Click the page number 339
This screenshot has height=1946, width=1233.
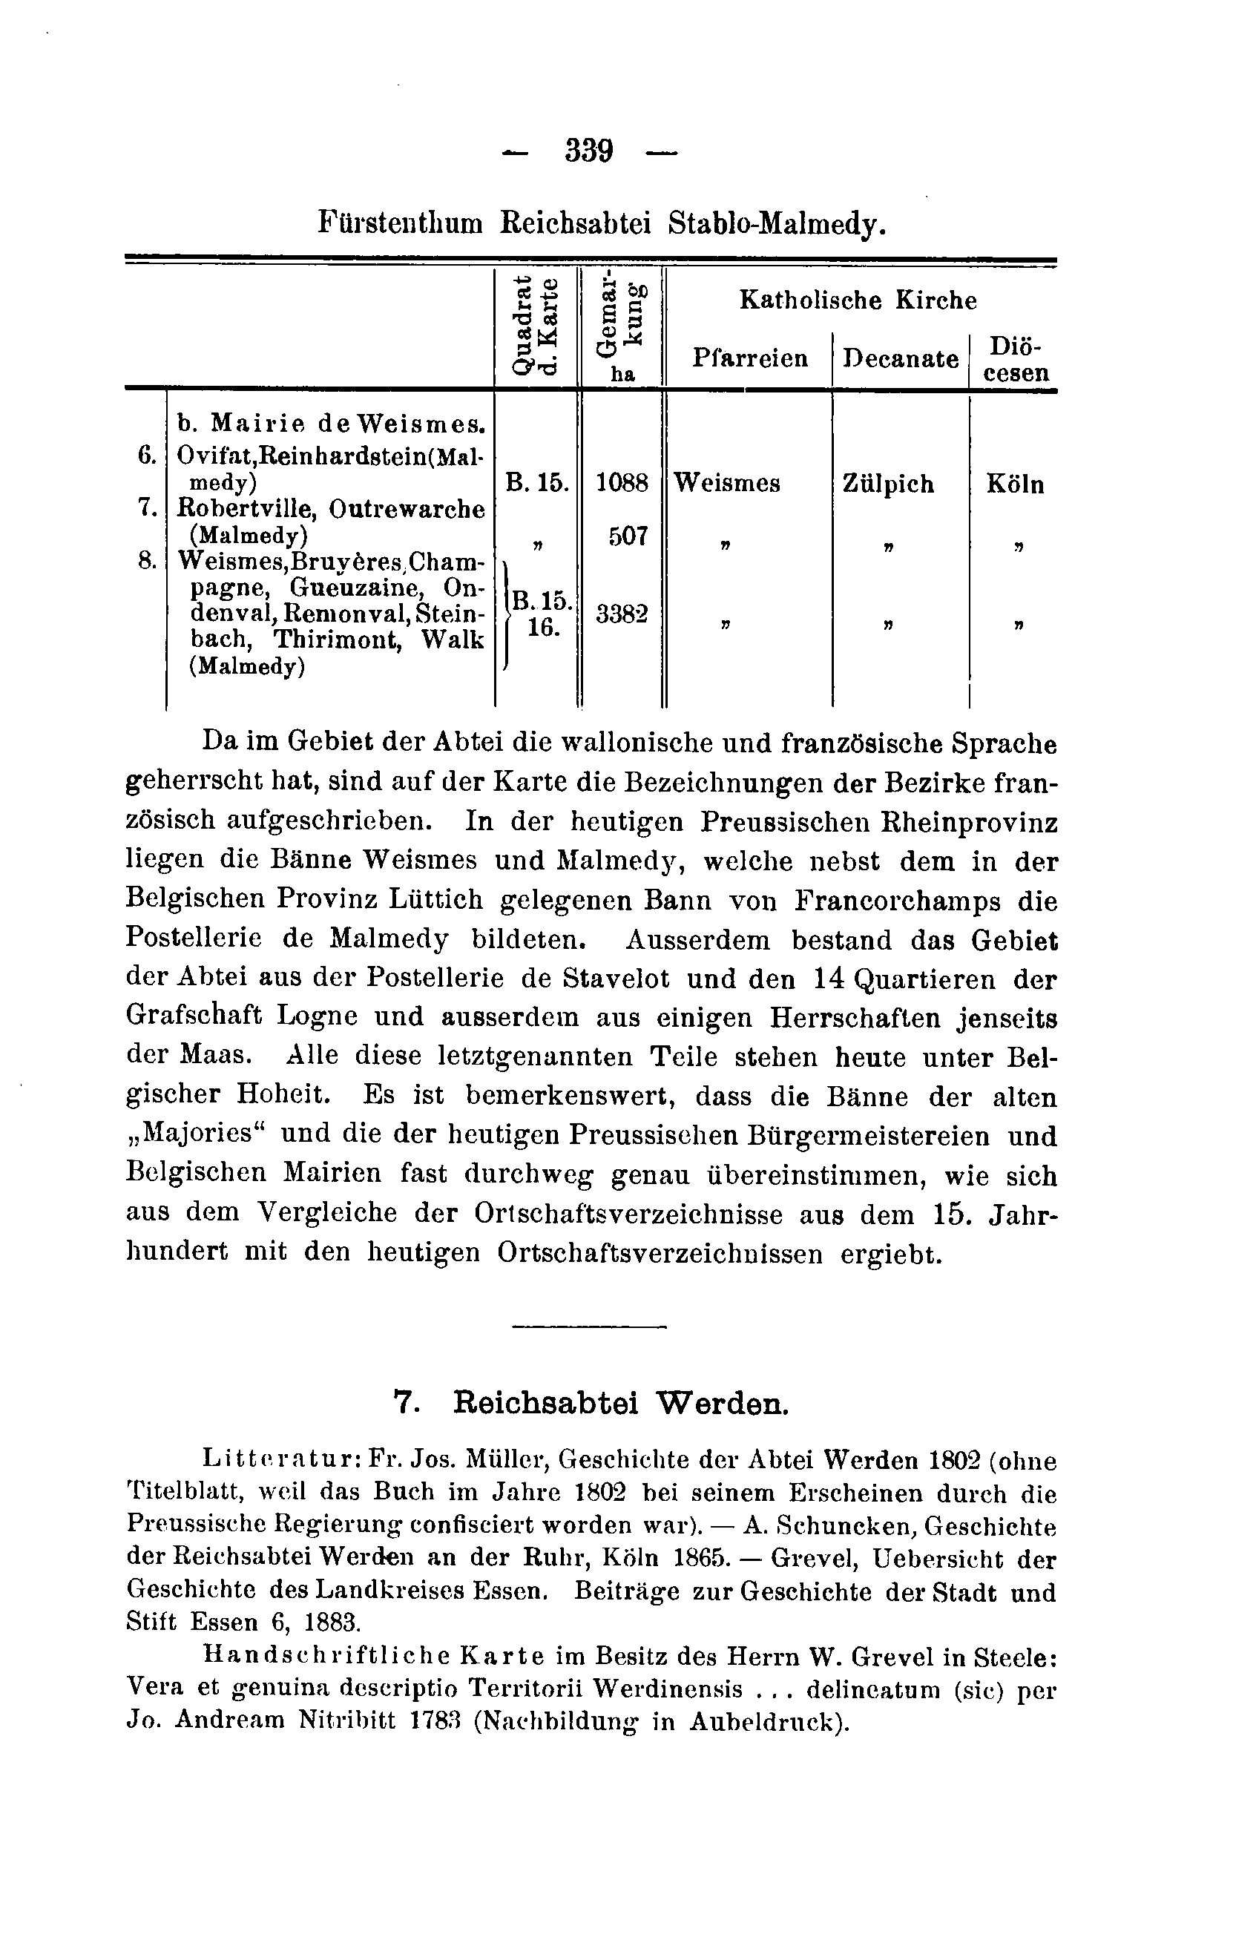[589, 151]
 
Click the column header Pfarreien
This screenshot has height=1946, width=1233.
[750, 358]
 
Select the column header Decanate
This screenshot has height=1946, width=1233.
[901, 358]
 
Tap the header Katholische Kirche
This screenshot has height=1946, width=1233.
[858, 300]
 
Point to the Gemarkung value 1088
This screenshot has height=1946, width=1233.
[622, 483]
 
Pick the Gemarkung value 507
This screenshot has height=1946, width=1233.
[627, 536]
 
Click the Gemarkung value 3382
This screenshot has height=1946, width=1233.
[622, 614]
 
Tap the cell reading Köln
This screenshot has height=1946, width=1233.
[1015, 485]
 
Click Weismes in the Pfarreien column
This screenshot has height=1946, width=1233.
[726, 483]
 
